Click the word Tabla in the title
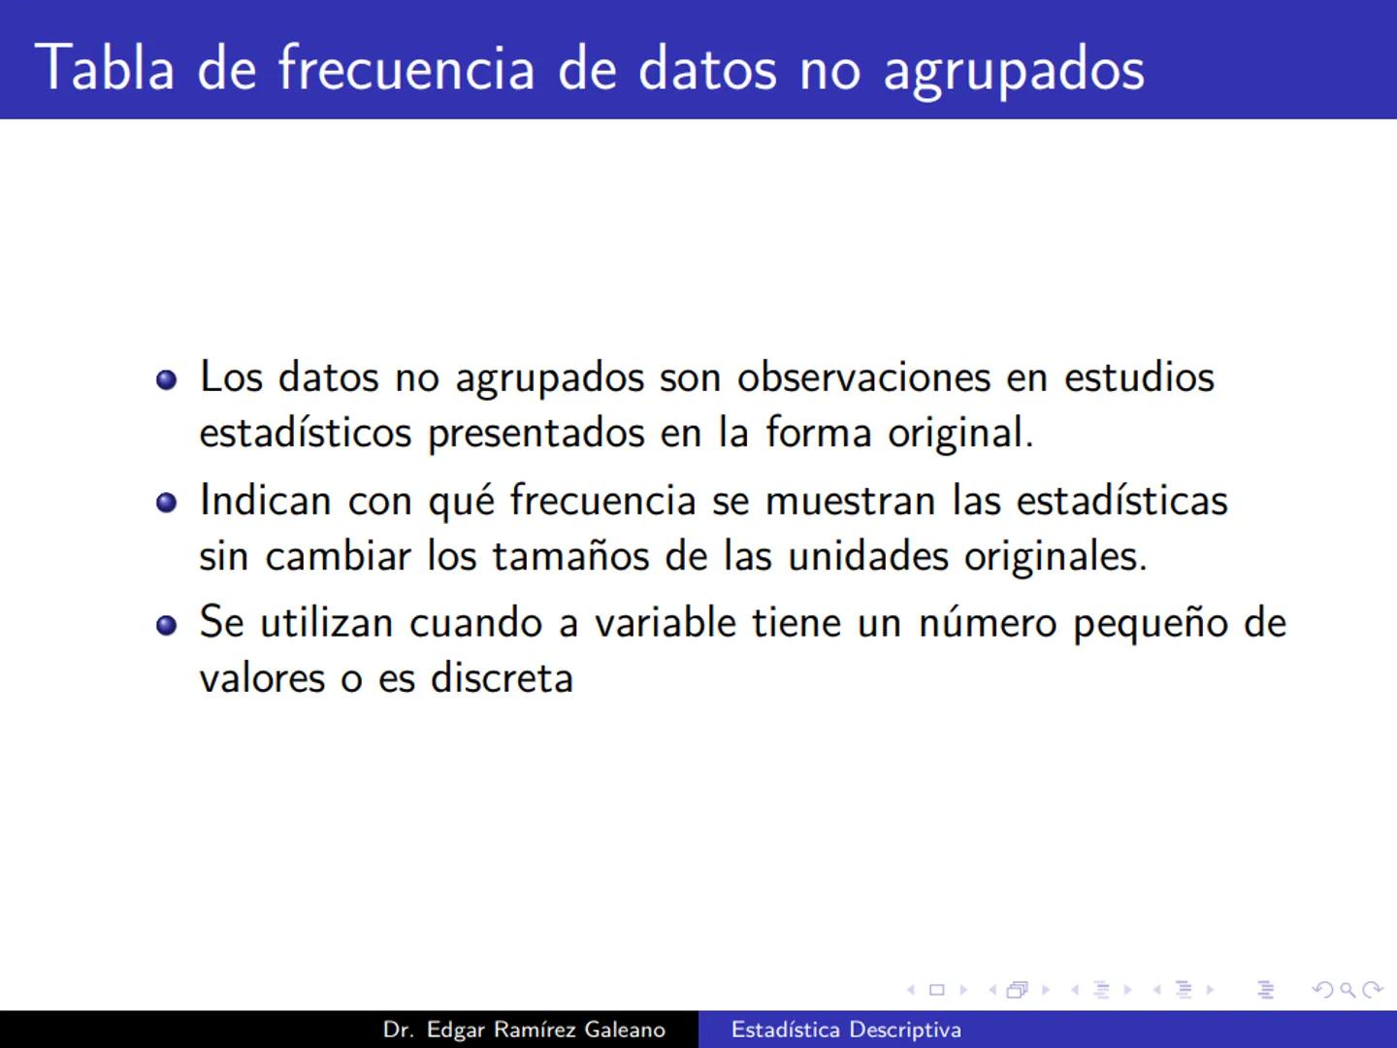[105, 68]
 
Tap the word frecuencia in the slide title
[406, 68]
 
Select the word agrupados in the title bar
[1014, 70]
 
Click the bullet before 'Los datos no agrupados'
[167, 378]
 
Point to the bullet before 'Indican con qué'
[167, 502]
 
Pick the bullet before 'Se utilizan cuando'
[167, 625]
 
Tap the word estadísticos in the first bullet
[306, 432]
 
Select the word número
[987, 623]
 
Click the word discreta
[502, 678]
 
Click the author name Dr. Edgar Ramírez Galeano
[524, 1030]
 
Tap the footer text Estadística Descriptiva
[846, 1030]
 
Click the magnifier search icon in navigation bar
[1348, 991]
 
